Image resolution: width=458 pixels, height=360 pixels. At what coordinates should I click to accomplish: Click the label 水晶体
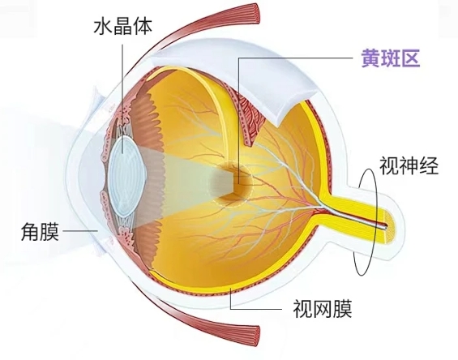coord(123,27)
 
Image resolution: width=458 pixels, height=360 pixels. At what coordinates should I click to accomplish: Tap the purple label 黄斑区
coord(391,58)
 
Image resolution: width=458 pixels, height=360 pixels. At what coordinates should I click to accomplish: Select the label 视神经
coord(409,165)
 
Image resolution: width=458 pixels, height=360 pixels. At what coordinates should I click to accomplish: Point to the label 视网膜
coord(323,309)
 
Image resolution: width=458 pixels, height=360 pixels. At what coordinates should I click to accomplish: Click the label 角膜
coord(40,232)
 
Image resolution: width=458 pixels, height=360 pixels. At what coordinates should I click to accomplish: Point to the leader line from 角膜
coord(80,230)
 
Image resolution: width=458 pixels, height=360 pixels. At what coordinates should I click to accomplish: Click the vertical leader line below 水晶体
coord(122,98)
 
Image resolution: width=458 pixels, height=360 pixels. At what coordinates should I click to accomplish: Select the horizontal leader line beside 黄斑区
coord(296,58)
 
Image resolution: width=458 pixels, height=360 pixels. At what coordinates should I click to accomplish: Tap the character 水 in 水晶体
coord(103,27)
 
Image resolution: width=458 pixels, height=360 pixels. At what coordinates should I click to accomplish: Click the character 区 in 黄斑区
coord(411,58)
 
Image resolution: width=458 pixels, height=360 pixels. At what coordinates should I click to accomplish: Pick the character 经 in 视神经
coord(429,165)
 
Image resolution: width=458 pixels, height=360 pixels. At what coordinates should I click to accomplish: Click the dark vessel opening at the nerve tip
coord(386,225)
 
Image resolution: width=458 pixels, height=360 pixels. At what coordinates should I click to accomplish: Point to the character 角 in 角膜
coord(30,232)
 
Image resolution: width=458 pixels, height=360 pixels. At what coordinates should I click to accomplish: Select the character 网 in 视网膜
coord(323,309)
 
